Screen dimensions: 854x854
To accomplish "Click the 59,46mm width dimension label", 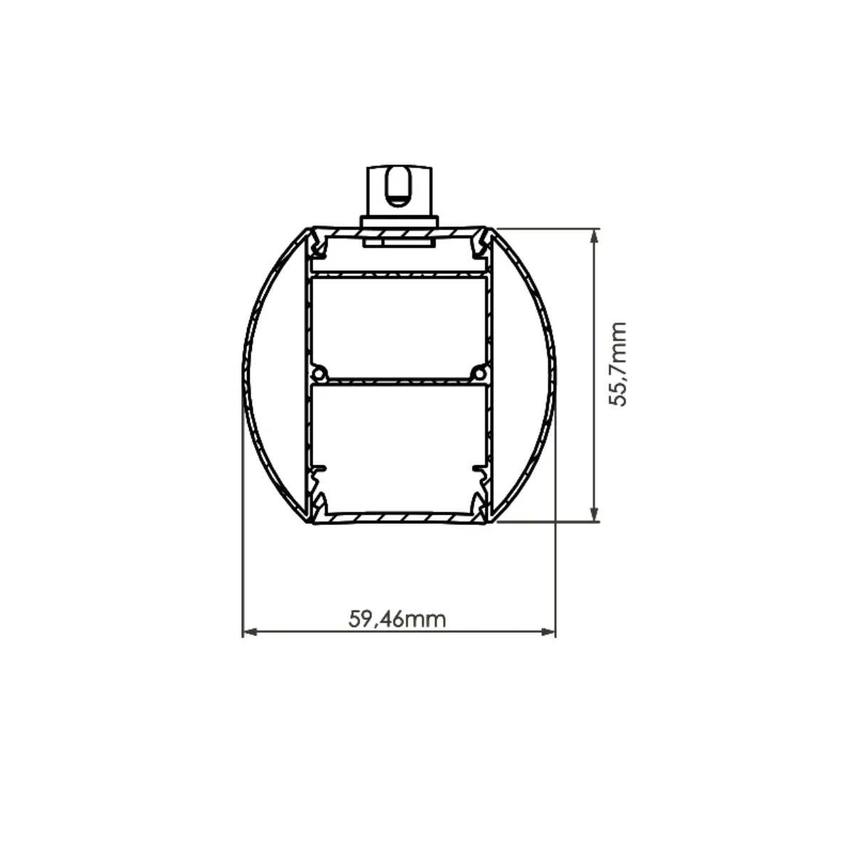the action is (x=397, y=619).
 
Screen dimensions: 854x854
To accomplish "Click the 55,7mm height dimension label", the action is (x=618, y=365).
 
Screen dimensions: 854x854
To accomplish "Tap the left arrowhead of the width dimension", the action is (x=250, y=632).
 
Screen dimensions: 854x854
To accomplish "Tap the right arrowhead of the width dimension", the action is (x=549, y=632).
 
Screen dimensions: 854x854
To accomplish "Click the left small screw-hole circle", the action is (x=319, y=374).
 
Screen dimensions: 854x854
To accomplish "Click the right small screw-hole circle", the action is (x=480, y=374).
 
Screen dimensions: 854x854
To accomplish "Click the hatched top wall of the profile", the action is (x=399, y=232).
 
